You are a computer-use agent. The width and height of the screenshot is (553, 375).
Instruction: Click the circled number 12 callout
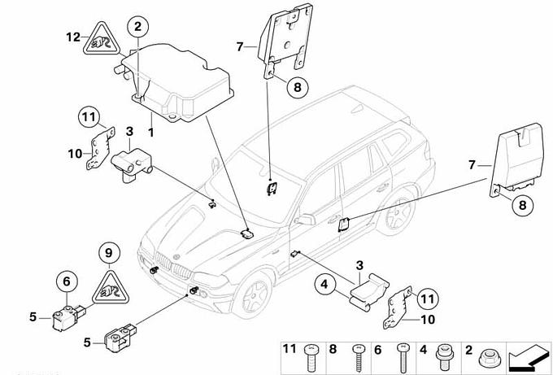coord(74,37)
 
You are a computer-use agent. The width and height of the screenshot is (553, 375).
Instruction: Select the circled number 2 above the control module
coord(137,27)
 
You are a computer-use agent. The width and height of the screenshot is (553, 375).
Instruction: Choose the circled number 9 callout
coord(105,254)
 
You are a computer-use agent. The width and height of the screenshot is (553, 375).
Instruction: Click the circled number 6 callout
coord(63,282)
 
